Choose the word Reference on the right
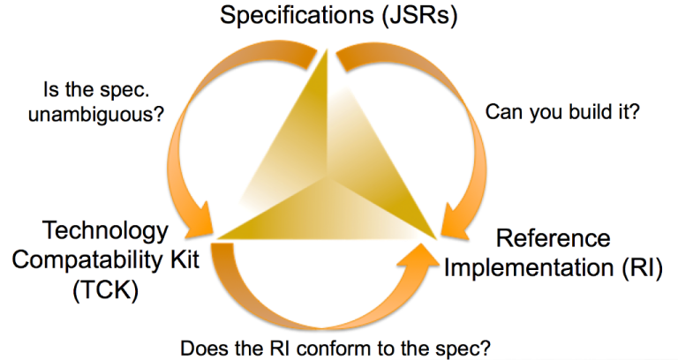tap(553, 238)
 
